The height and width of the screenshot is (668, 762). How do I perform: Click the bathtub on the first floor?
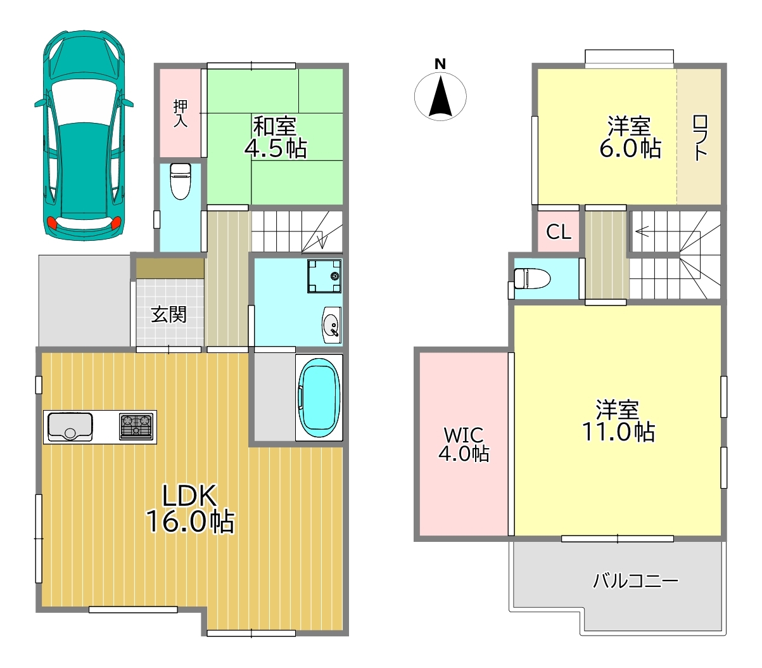tap(319, 397)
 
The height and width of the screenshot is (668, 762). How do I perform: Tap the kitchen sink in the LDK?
tap(70, 427)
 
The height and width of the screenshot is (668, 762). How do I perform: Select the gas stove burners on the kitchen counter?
tap(136, 427)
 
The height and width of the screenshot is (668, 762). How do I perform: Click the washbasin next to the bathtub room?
tap(331, 324)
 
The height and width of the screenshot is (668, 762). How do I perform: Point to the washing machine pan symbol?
tap(324, 276)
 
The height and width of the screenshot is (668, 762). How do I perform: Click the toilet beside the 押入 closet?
tap(181, 181)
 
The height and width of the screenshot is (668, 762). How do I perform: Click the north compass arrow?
tap(440, 96)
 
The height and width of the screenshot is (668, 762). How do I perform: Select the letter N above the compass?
tap(440, 65)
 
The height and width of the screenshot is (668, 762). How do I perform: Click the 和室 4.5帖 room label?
tap(276, 137)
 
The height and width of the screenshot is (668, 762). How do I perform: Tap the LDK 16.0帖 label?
tap(190, 508)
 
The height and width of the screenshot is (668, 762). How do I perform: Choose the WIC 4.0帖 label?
tap(464, 444)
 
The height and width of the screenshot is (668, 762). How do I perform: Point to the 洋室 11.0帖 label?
tap(618, 421)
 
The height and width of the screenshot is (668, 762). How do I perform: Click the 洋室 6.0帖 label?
tap(630, 137)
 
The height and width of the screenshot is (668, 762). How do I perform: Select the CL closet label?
tap(559, 232)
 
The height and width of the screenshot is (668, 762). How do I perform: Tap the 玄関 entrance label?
tap(168, 314)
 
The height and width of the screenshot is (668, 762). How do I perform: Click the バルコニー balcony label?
tap(635, 581)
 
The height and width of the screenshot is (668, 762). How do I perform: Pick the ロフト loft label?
tap(700, 138)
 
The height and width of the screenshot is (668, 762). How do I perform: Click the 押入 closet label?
tap(181, 113)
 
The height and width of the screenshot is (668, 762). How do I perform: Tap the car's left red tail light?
tap(51, 224)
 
